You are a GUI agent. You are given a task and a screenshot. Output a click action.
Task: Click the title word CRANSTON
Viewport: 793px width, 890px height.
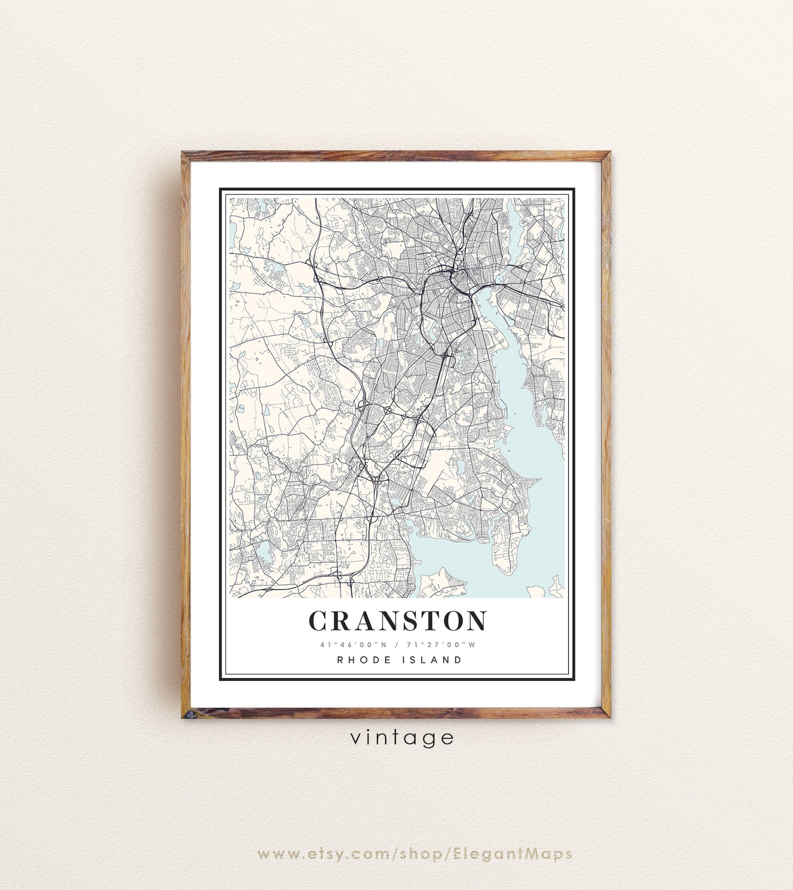[x=398, y=621]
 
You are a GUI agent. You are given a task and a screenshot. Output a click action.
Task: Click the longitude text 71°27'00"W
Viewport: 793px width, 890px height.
[x=442, y=644]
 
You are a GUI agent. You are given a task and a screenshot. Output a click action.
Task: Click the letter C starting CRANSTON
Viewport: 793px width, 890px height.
[x=318, y=621]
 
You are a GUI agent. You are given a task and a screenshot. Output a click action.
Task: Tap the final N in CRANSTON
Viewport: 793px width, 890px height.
[x=476, y=621]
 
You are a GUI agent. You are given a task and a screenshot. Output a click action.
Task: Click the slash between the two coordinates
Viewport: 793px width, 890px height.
[x=397, y=644]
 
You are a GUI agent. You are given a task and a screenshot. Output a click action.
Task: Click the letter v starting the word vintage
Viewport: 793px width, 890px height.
[x=355, y=738]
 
